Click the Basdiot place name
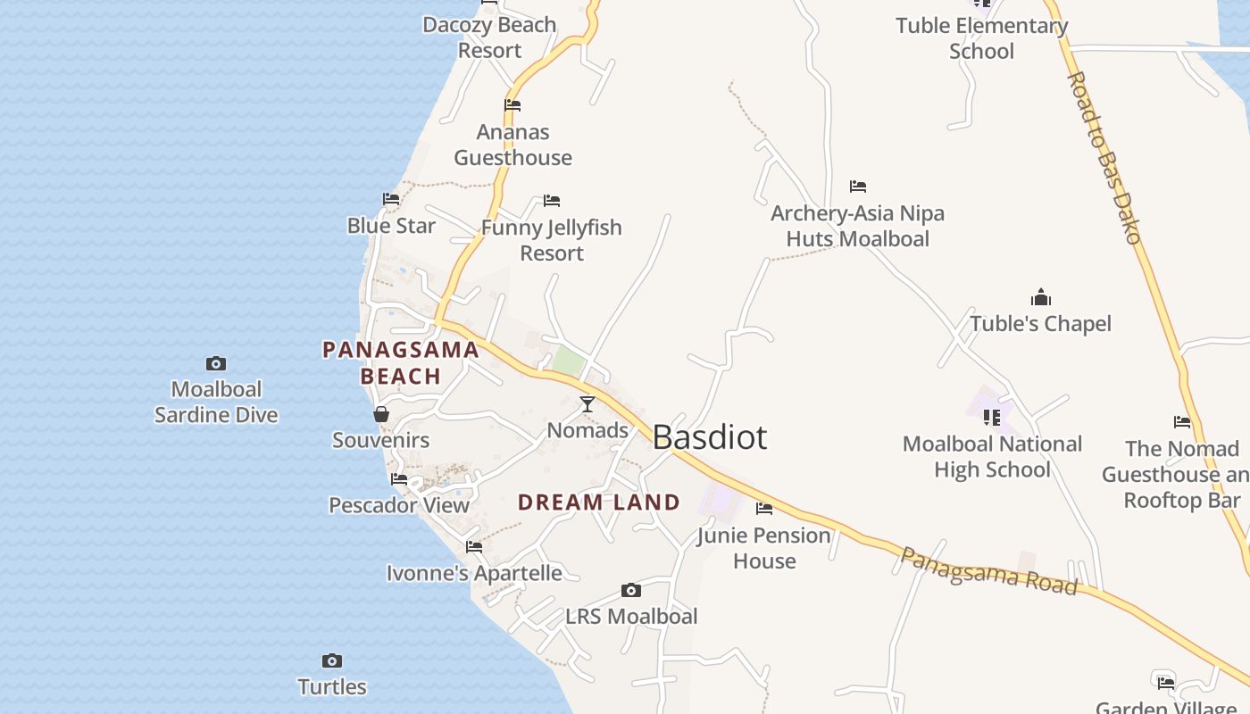(x=710, y=437)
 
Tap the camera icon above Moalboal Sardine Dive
(x=216, y=363)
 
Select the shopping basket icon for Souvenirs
(x=381, y=414)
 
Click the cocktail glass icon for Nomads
(x=587, y=404)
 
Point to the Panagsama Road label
(x=988, y=571)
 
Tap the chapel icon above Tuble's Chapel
(x=1041, y=297)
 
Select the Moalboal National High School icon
(x=992, y=418)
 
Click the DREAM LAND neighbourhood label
(x=599, y=502)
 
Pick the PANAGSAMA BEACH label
(x=401, y=362)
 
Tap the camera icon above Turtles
(x=332, y=661)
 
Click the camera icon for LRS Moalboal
(x=631, y=591)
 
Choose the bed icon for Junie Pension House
(x=764, y=509)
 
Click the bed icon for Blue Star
(x=391, y=199)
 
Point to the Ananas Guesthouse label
(x=512, y=145)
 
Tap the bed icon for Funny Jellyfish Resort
(x=552, y=201)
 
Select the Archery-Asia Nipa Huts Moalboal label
(x=857, y=226)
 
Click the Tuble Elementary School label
(x=981, y=38)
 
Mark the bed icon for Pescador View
(x=399, y=479)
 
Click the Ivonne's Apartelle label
(x=474, y=573)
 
